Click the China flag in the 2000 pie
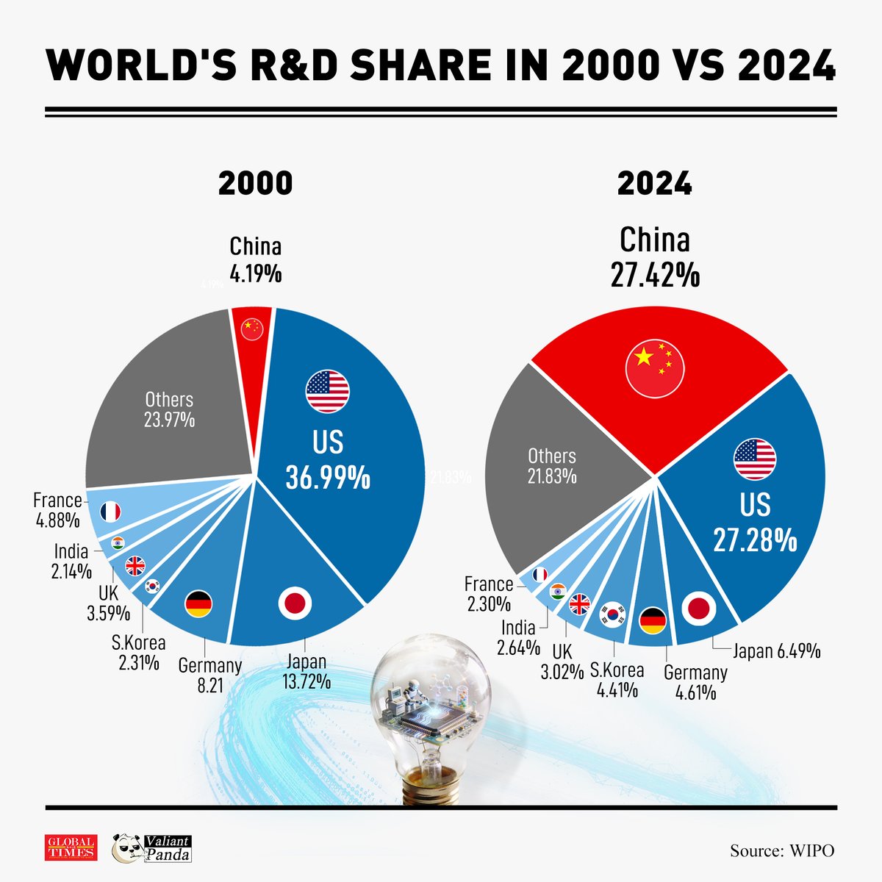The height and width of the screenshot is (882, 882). [251, 328]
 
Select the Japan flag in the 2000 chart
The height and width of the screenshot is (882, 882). [295, 603]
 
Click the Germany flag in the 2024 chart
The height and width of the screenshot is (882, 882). [653, 621]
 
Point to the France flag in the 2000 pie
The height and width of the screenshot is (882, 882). [110, 512]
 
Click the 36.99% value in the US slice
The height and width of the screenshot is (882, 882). [328, 478]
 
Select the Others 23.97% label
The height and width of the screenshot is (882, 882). [169, 410]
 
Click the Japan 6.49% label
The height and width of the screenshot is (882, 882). [776, 651]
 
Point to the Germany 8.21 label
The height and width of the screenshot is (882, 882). [209, 675]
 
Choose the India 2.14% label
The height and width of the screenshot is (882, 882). [71, 561]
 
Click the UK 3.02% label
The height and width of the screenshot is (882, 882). [562, 661]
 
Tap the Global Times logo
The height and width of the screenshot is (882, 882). [71, 847]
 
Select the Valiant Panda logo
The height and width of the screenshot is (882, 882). [151, 848]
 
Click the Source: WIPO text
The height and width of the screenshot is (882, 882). [782, 851]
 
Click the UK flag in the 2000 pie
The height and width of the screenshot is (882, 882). [135, 566]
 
